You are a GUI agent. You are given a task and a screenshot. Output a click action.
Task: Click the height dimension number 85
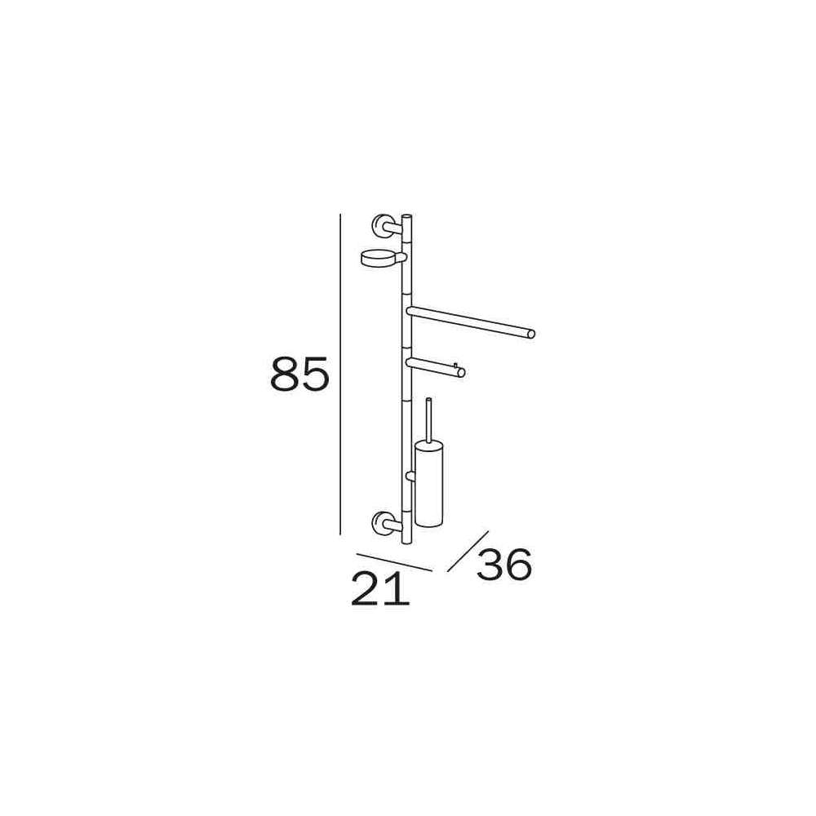(x=299, y=374)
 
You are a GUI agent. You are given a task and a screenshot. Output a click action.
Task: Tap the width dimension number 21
(x=380, y=588)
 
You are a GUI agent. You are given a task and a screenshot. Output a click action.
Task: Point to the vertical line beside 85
(x=339, y=374)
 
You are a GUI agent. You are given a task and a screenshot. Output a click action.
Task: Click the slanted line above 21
(x=394, y=561)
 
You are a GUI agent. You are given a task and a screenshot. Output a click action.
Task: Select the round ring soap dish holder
(x=375, y=257)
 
